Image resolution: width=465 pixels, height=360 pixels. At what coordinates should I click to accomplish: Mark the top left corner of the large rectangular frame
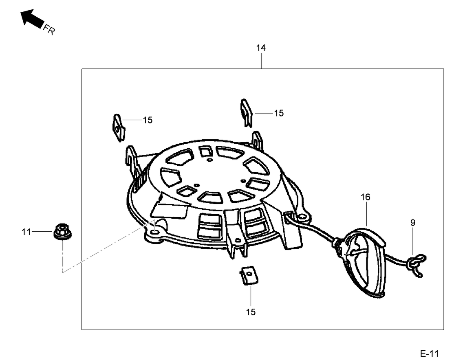82,69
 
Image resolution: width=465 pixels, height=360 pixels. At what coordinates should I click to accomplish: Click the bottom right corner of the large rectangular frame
444,329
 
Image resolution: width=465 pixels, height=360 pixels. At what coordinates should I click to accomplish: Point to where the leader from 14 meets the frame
262,69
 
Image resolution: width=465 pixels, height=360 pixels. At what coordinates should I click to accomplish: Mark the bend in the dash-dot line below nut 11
63,272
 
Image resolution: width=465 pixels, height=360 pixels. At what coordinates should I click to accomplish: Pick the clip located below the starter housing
248,275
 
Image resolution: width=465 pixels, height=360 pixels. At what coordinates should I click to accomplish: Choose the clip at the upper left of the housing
118,128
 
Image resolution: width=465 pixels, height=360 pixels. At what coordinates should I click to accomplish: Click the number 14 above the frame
261,48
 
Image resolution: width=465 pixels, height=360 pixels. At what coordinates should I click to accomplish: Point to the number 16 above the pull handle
365,197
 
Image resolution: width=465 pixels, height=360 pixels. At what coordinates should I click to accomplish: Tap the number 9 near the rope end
413,222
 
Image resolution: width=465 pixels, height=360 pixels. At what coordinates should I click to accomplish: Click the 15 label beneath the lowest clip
251,312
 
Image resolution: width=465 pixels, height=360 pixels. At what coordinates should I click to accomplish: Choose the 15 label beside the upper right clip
279,113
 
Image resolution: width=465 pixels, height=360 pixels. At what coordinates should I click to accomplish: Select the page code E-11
430,353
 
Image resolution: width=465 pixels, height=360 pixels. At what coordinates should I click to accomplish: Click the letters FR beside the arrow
49,29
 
